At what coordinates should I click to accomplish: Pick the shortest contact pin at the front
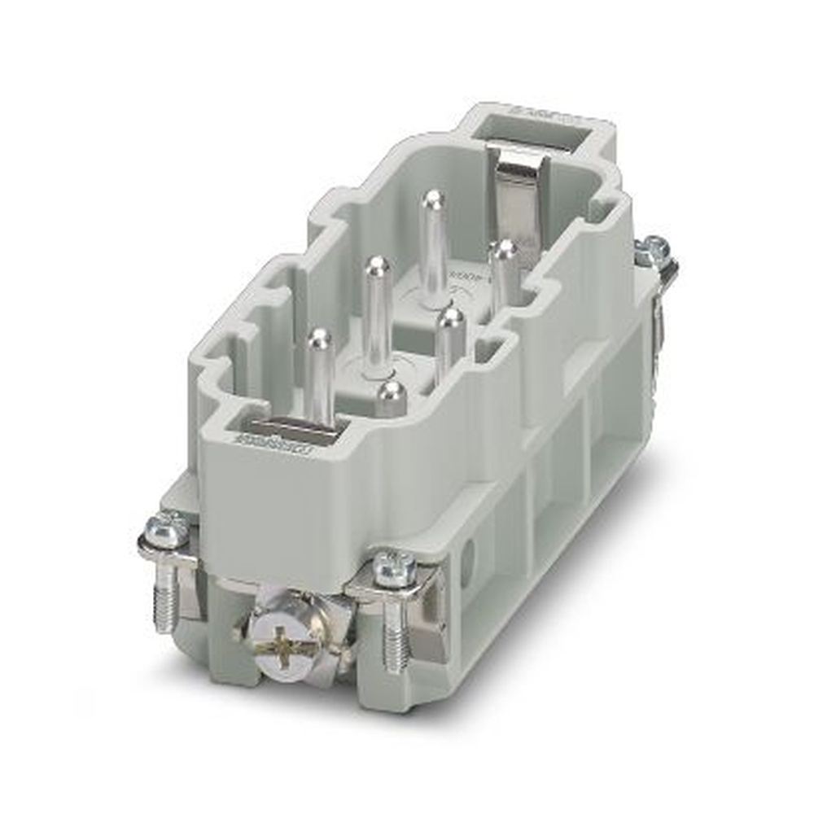coord(392,396)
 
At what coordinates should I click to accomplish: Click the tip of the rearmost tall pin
coord(435,199)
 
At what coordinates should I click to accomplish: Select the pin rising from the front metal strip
coord(319,374)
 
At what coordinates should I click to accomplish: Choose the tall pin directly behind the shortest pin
coord(376,317)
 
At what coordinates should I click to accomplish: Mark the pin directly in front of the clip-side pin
coord(449,342)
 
